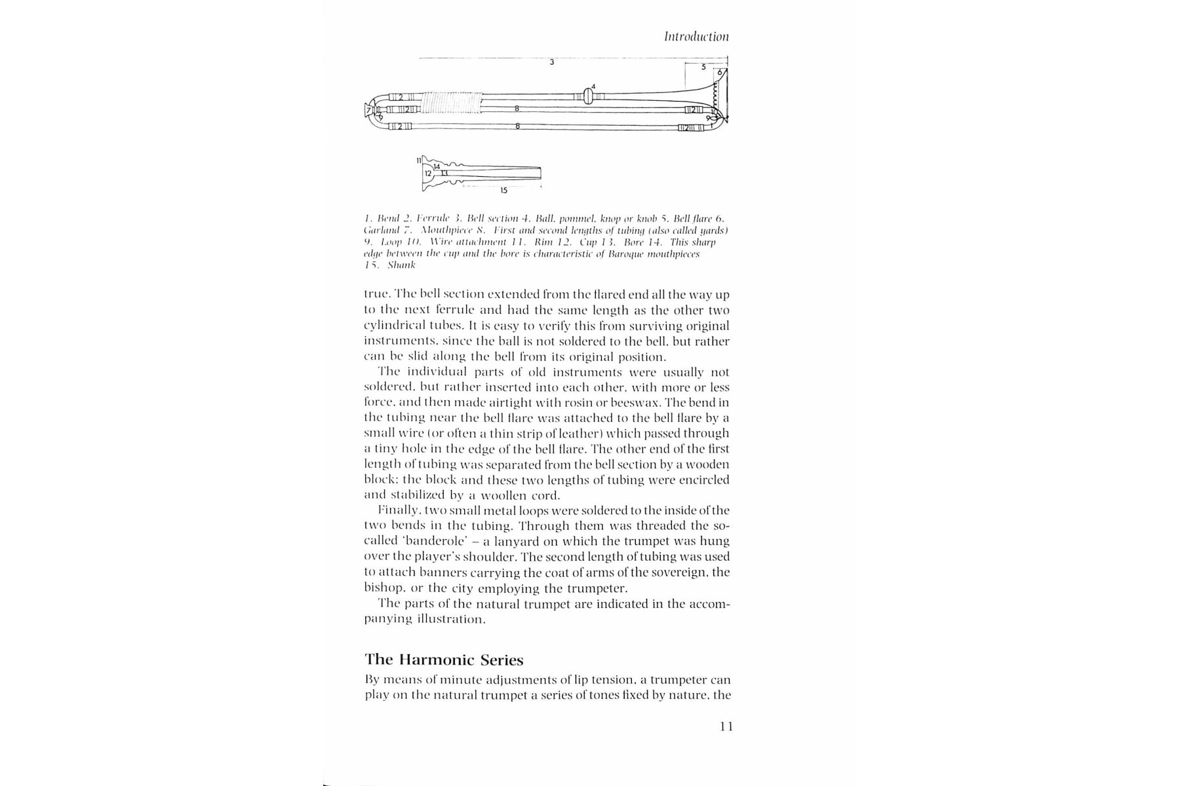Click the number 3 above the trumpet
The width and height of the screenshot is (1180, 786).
(x=552, y=63)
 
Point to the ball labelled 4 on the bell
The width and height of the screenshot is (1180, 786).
(x=587, y=96)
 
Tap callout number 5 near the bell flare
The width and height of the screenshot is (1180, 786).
(x=703, y=67)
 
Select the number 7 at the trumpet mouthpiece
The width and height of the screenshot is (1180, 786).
(x=368, y=109)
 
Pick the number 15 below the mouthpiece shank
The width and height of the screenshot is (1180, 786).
(x=503, y=191)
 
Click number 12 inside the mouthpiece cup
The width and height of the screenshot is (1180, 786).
(x=427, y=174)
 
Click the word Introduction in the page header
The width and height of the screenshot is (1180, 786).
(x=696, y=37)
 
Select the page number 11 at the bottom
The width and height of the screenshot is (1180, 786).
(x=726, y=726)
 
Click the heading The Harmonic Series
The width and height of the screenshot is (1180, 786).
(x=444, y=660)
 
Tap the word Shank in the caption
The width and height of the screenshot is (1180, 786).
(x=401, y=265)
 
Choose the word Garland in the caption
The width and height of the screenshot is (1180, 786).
(x=380, y=231)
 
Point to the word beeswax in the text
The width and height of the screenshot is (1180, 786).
(x=685, y=403)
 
